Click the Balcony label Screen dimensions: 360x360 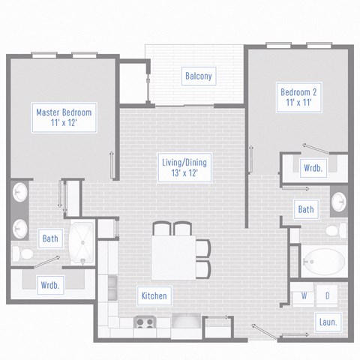click(199, 76)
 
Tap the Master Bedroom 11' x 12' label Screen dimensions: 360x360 click(64, 118)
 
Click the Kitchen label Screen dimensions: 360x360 click(154, 295)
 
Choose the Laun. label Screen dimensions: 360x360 click(327, 322)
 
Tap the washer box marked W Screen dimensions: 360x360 click(304, 295)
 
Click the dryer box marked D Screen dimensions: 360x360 click(327, 295)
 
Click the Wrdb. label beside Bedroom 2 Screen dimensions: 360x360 click(313, 168)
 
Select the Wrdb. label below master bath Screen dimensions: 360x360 click(51, 284)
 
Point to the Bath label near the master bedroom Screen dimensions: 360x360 click(50, 239)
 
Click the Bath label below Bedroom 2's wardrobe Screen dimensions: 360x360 click(305, 209)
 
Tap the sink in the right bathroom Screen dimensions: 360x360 click(339, 202)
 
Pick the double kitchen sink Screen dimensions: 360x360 click(112, 286)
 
